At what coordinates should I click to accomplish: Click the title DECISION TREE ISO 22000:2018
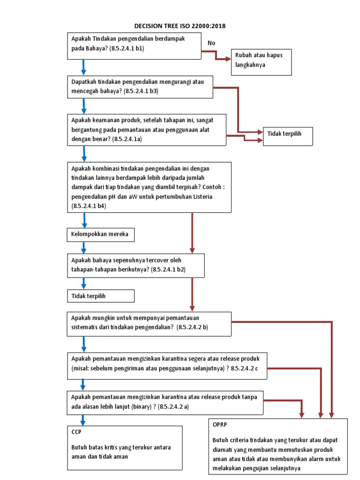(180, 26)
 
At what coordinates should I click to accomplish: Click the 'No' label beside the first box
(211, 43)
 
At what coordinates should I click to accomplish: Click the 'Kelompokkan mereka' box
(101, 234)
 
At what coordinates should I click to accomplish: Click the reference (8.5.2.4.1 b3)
(141, 91)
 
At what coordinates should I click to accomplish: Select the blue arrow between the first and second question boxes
(84, 67)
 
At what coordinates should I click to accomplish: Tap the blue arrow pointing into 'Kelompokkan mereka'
(84, 221)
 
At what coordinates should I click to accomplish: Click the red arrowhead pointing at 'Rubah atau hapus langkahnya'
(228, 59)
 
